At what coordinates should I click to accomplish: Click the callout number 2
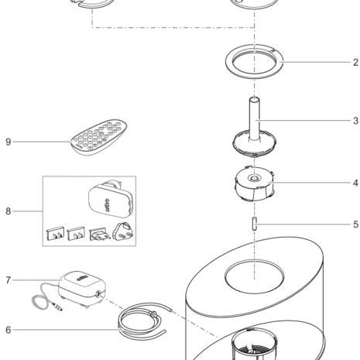tap(356, 63)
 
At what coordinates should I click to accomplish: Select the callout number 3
tap(356, 121)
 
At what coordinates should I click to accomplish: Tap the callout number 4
tap(356, 183)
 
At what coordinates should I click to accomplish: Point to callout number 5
tap(356, 225)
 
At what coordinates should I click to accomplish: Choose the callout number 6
tap(9, 330)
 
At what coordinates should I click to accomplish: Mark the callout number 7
tap(9, 280)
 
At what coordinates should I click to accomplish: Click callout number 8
tap(9, 211)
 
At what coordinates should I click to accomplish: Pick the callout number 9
tap(9, 142)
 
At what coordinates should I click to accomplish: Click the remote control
tap(99, 137)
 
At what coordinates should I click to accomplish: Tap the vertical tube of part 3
tap(255, 118)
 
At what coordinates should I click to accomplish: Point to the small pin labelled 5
tap(255, 224)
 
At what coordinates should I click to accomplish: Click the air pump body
tap(82, 289)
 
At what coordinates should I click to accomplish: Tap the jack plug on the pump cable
tap(57, 307)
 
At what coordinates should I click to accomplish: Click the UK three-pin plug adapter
tap(123, 231)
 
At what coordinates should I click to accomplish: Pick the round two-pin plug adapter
tap(99, 235)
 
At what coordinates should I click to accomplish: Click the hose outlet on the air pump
tap(98, 293)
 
